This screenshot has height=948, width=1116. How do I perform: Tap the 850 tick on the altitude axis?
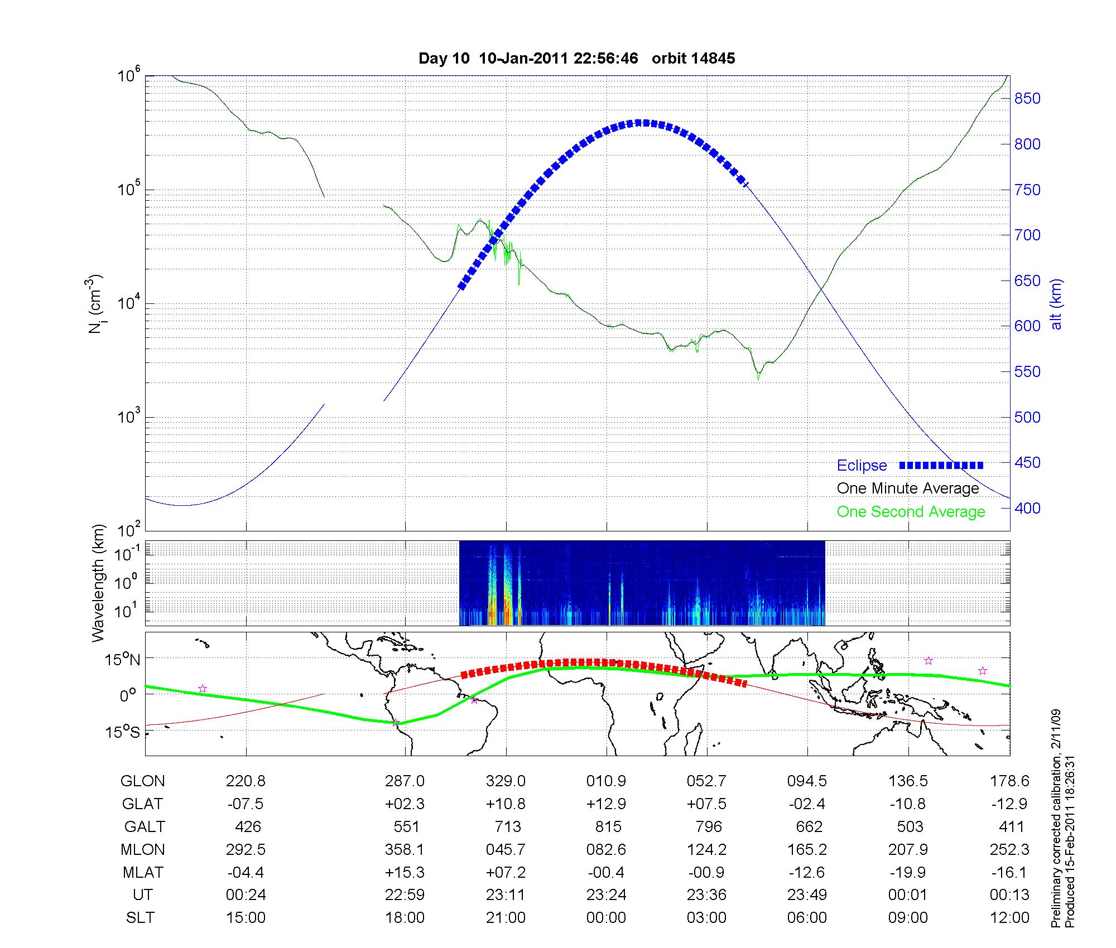1027,99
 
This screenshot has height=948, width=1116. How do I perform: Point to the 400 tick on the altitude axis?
1027,508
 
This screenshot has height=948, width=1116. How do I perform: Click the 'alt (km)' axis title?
1056,304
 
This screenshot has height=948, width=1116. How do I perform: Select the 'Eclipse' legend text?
862,466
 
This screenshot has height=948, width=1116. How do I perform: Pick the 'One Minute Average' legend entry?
908,488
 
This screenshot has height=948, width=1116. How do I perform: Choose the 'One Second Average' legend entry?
911,512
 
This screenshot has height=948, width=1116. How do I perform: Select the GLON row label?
142,781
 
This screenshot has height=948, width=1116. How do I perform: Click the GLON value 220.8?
246,781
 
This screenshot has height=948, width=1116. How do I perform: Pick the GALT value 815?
608,826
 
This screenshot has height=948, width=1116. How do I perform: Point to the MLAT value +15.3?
405,872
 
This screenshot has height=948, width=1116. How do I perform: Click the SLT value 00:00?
606,918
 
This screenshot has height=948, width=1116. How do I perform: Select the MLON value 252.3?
1009,849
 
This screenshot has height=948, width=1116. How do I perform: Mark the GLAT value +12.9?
606,804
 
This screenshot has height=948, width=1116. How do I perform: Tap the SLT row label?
140,918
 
